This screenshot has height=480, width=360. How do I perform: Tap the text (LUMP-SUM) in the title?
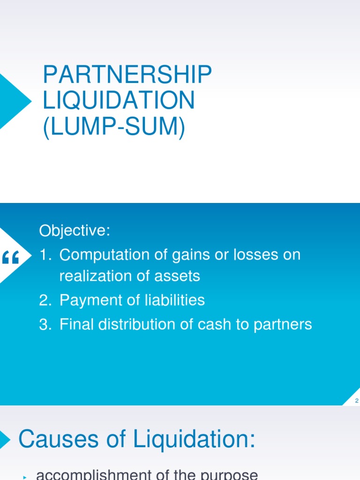[114, 127]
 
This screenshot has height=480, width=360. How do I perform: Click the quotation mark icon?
[11, 257]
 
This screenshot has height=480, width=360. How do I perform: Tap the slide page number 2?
[357, 401]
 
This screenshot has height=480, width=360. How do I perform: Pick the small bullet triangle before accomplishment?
[23, 477]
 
